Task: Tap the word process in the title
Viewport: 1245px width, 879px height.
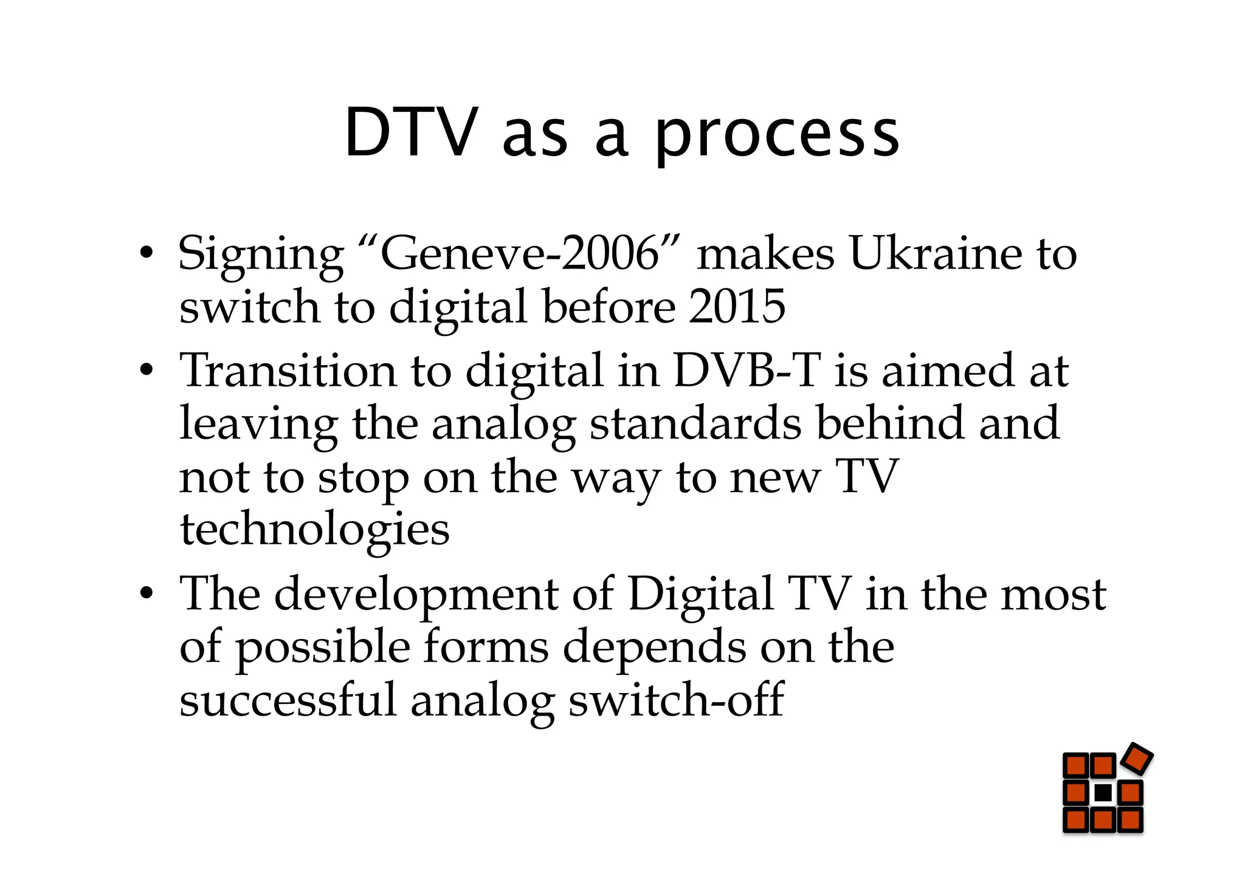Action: coord(776,137)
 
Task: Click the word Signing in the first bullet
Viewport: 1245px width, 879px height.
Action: coord(261,254)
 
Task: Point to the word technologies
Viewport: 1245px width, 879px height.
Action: coord(314,530)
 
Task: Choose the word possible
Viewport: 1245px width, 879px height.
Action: coord(322,648)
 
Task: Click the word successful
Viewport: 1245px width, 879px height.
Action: coord(288,700)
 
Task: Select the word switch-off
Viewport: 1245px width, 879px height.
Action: coord(675,700)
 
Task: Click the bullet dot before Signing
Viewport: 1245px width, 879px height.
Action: coord(145,252)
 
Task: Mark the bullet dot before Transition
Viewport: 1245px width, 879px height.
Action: coord(145,369)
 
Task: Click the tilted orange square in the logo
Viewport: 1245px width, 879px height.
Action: coord(1137,759)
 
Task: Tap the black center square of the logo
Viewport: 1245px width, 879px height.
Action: coord(1103,793)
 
